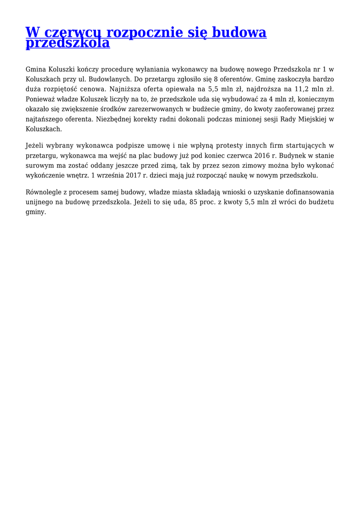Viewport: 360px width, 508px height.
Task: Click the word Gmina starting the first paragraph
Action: point(35,69)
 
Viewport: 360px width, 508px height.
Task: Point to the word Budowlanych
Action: point(112,79)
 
